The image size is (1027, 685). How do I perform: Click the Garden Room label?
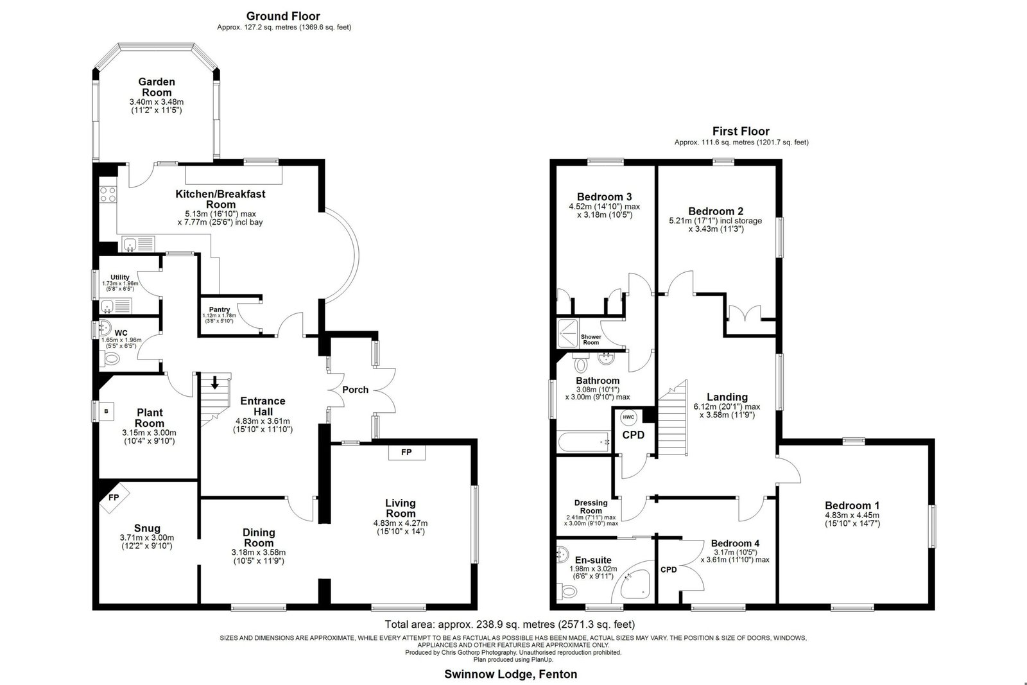point(157,87)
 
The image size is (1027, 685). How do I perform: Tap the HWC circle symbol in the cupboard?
point(628,417)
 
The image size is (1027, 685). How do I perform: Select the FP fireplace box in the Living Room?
point(407,453)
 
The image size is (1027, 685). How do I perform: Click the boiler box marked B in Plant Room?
point(107,412)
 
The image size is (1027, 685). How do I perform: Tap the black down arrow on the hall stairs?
point(214,383)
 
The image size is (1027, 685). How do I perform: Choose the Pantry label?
point(219,309)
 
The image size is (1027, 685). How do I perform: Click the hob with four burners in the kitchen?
point(108,194)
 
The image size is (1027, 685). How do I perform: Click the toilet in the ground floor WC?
point(110,358)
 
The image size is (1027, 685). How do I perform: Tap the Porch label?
point(356,390)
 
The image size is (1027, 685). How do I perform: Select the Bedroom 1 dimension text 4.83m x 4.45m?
point(852,516)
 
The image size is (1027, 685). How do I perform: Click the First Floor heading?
point(741,131)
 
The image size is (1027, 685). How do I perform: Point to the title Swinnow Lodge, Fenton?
point(511,674)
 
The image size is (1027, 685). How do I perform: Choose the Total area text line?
point(510,624)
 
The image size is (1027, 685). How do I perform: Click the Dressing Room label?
point(591,507)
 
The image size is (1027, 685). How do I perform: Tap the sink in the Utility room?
point(116,306)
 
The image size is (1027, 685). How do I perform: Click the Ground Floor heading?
point(283,17)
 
